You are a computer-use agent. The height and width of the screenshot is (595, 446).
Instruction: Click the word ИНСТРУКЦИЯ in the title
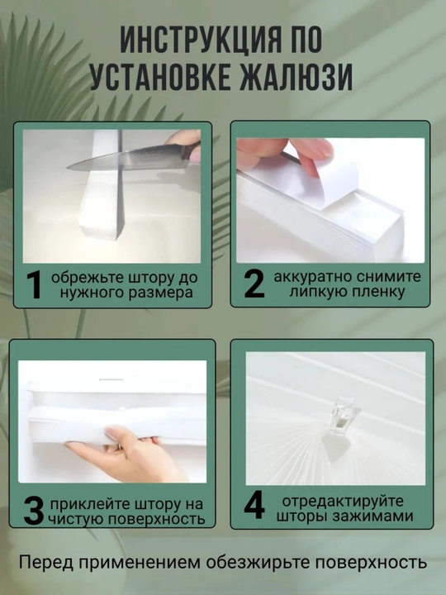(x=202, y=40)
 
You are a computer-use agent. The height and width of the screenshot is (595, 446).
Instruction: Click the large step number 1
(x=35, y=285)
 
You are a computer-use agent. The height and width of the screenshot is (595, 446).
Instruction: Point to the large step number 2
(x=254, y=283)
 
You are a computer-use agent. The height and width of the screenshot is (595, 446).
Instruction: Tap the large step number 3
(x=34, y=511)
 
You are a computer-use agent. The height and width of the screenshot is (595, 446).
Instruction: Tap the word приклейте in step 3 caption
(x=88, y=504)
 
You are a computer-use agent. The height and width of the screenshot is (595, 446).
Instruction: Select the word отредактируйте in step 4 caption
(x=343, y=502)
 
